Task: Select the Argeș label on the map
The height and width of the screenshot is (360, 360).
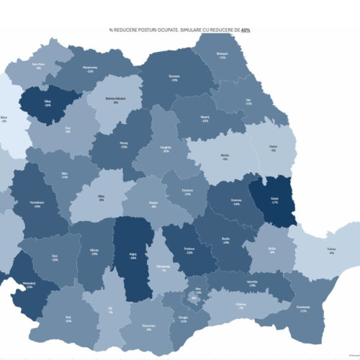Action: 132,256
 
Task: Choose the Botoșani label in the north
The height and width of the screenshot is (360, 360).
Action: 222,55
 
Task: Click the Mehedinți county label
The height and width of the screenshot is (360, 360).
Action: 30,284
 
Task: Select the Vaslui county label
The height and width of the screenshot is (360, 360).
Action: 273,147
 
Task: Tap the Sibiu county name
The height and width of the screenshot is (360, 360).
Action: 101,197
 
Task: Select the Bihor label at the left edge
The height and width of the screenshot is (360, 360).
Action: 4,119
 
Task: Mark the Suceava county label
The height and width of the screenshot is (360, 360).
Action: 174,79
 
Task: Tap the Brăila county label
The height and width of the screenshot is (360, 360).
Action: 271,250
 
